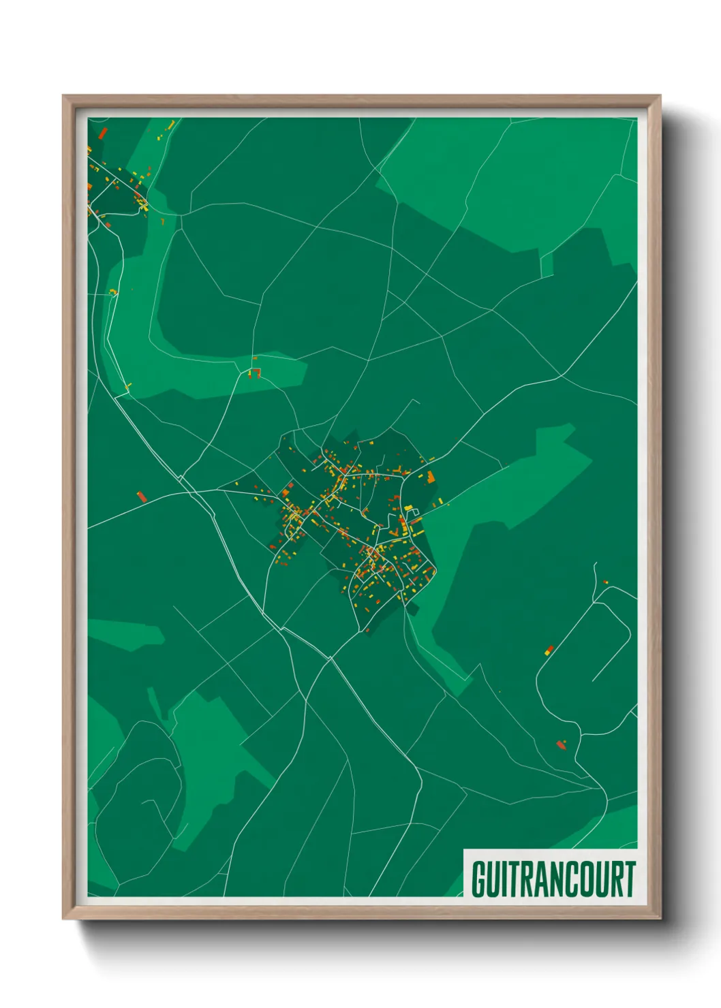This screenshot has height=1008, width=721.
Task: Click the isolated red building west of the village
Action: tap(142, 497)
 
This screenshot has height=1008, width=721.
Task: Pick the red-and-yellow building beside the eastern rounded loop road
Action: tap(549, 650)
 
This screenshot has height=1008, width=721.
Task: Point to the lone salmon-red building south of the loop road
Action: tap(562, 744)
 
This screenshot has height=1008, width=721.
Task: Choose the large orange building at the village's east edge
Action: tap(431, 477)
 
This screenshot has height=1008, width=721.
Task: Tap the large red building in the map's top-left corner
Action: tap(104, 132)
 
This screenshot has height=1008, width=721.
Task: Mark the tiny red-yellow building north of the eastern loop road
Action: tap(605, 582)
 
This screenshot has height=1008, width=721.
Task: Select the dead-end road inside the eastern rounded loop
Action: tap(610, 654)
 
